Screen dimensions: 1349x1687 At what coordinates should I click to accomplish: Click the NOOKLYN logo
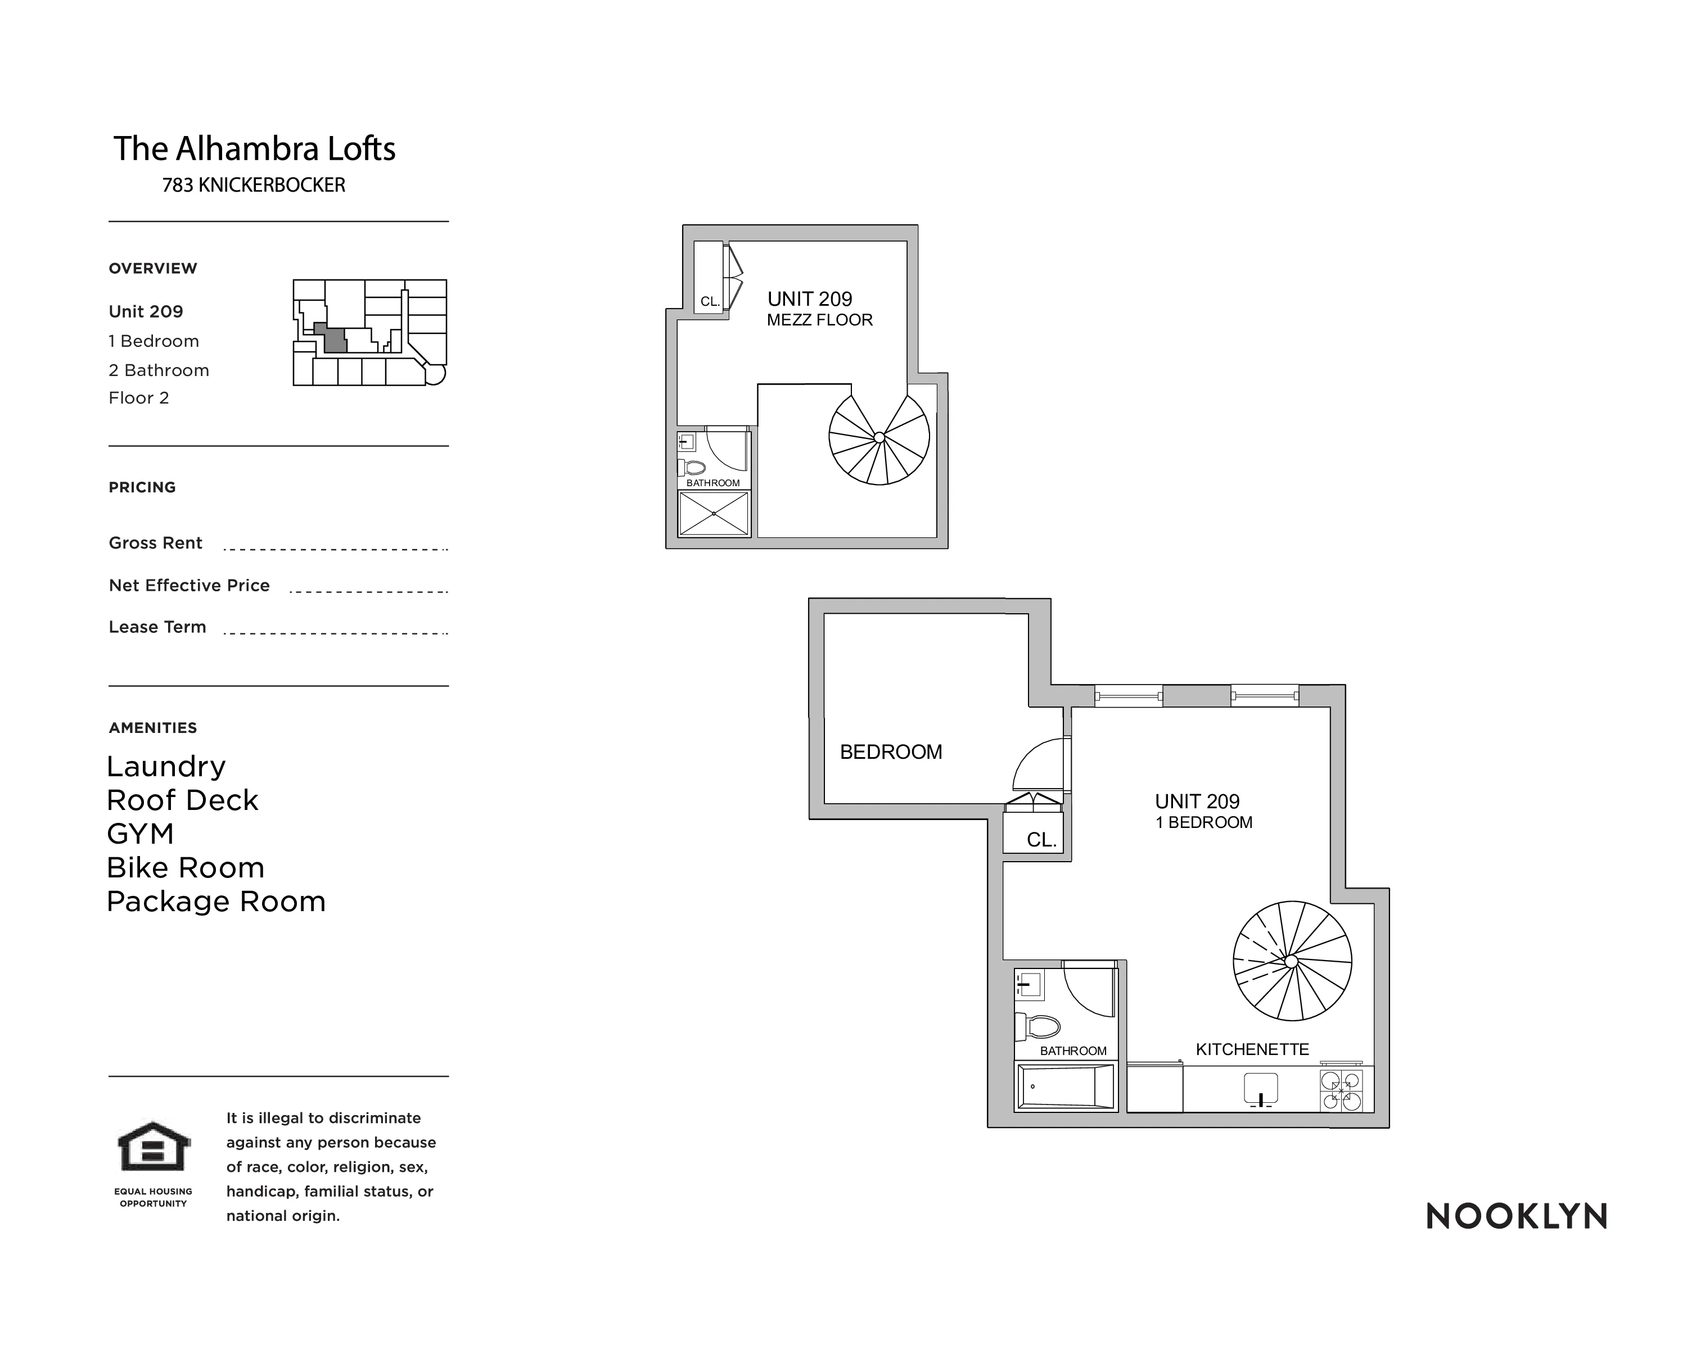point(1515,1216)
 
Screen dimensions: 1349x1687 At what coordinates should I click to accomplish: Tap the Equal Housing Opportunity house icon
point(154,1147)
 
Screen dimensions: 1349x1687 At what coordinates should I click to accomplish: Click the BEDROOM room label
point(890,752)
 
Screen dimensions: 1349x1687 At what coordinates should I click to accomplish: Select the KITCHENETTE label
point(1252,1049)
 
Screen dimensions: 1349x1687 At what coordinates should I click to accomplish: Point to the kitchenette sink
point(1261,1089)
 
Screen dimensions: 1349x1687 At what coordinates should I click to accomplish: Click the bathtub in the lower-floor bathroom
point(1065,1087)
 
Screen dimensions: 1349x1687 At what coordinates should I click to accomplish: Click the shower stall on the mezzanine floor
point(714,514)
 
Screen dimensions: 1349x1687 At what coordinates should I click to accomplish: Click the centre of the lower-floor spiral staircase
point(1292,961)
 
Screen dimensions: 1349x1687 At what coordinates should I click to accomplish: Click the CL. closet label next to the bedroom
point(1041,840)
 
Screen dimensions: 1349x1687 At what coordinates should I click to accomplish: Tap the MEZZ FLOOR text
point(819,320)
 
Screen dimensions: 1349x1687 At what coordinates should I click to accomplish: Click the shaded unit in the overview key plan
point(334,339)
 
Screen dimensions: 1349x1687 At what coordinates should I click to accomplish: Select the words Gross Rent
point(156,543)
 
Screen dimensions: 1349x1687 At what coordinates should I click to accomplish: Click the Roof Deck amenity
point(182,800)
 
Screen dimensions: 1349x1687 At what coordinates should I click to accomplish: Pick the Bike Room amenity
point(186,867)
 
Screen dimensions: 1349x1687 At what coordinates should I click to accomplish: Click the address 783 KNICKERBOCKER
point(254,185)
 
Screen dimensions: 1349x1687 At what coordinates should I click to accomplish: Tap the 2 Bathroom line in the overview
point(159,370)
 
